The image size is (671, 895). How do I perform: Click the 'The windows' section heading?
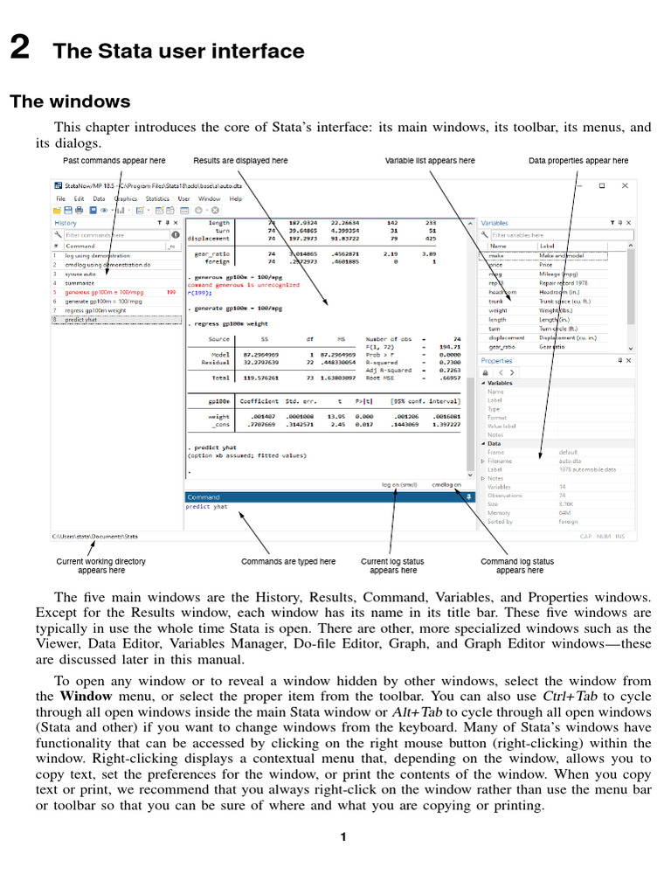(x=70, y=101)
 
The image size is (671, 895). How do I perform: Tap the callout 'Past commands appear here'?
(x=114, y=161)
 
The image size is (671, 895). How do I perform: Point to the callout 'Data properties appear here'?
(x=578, y=161)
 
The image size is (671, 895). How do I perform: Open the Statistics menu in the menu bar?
(x=157, y=198)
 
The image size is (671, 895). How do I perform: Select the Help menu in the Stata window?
(x=236, y=198)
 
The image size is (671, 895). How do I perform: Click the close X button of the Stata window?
(x=624, y=185)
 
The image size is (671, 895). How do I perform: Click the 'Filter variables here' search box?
(x=559, y=235)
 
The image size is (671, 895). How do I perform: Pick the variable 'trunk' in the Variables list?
(x=496, y=301)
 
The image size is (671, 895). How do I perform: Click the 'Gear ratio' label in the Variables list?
(x=555, y=347)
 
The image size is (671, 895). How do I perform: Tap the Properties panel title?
(x=497, y=360)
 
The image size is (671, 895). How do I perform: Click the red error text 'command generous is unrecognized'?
(x=243, y=285)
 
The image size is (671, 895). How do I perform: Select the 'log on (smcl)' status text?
(x=399, y=484)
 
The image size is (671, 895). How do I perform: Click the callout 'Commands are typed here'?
(x=288, y=561)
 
